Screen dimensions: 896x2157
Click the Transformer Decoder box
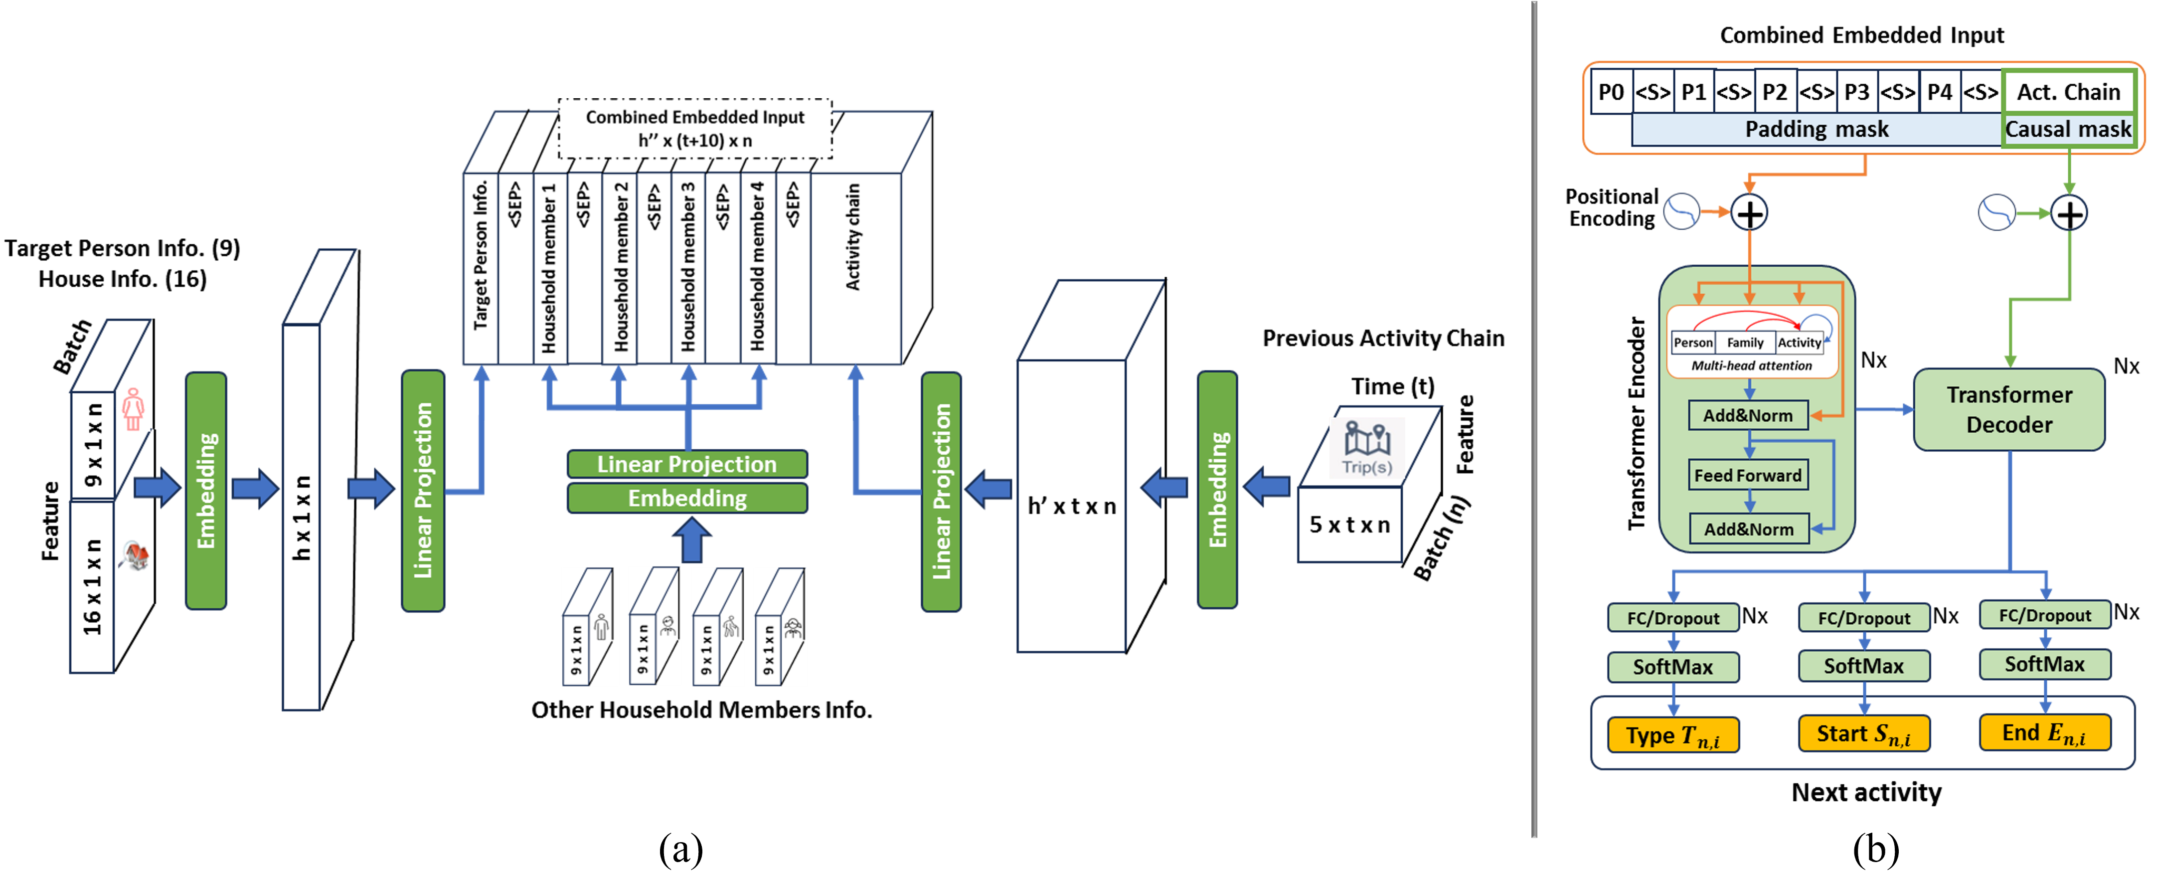click(2009, 409)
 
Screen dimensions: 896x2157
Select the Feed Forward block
click(1748, 475)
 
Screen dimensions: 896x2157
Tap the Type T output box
click(1672, 735)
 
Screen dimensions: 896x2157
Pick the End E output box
click(2043, 733)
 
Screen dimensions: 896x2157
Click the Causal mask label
click(2067, 130)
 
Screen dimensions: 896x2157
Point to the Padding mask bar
click(1816, 130)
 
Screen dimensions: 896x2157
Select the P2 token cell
click(1774, 92)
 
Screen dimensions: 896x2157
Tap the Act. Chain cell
click(2067, 92)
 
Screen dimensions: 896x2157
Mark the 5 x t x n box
click(1349, 525)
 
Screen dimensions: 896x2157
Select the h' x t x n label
click(1071, 506)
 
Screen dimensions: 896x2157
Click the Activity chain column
click(854, 268)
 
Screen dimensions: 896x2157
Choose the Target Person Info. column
click(481, 268)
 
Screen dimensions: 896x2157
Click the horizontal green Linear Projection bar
click(686, 464)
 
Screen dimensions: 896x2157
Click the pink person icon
click(133, 409)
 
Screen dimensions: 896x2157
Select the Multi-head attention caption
click(1751, 366)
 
